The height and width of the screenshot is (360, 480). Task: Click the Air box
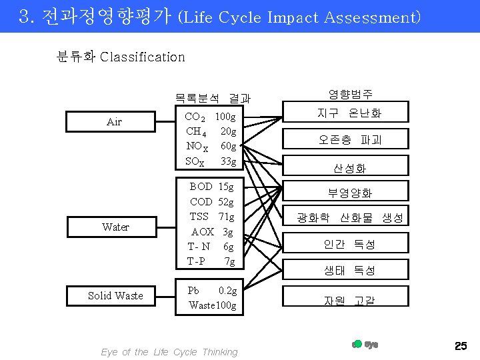[115, 121]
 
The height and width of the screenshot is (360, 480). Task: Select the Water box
[115, 227]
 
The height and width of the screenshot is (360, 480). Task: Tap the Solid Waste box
[115, 295]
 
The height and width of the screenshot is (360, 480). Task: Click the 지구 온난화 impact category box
[349, 113]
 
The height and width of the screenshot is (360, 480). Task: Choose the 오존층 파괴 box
[349, 139]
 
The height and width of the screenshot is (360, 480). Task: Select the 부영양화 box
[349, 193]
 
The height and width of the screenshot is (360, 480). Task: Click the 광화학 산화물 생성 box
[349, 218]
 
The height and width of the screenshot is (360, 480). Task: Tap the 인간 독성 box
[349, 245]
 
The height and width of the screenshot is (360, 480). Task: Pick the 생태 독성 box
[349, 270]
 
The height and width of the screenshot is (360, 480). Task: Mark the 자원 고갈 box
[349, 300]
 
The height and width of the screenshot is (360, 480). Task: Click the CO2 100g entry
[211, 117]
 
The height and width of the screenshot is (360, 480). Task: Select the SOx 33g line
[211, 161]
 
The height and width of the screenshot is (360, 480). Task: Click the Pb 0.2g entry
[212, 291]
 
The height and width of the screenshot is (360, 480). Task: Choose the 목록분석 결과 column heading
[213, 98]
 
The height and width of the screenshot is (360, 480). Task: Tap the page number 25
[460, 345]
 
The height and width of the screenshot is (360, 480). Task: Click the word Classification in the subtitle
[142, 57]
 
